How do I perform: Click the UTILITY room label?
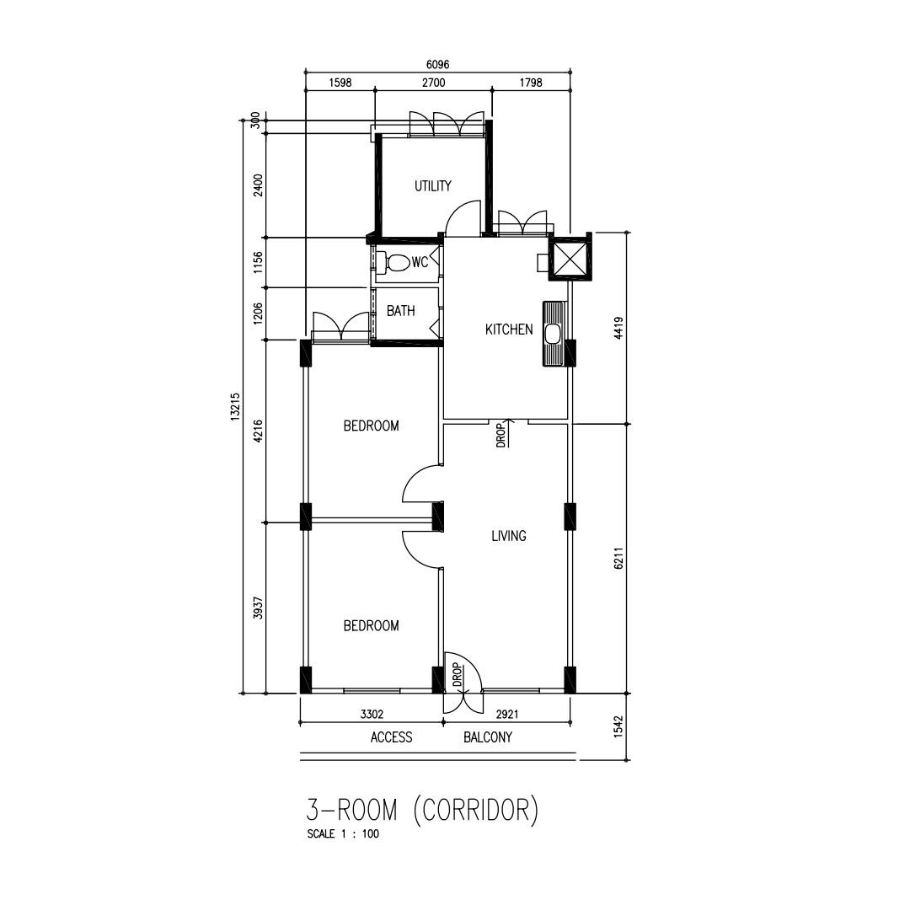432,186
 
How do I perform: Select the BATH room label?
400,311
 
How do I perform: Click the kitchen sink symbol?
553,334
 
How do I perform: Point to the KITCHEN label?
508,329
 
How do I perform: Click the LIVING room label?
508,536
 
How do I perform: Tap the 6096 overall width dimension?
436,64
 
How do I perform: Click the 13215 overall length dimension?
235,408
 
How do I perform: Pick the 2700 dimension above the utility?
433,83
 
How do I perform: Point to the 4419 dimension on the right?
618,328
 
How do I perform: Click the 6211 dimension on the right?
618,558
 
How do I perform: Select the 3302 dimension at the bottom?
372,714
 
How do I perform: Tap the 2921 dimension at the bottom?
506,714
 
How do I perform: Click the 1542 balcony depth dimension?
618,726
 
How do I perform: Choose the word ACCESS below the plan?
391,737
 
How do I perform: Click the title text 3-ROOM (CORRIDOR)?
421,810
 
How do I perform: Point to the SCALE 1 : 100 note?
343,834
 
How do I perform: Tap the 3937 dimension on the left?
259,608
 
